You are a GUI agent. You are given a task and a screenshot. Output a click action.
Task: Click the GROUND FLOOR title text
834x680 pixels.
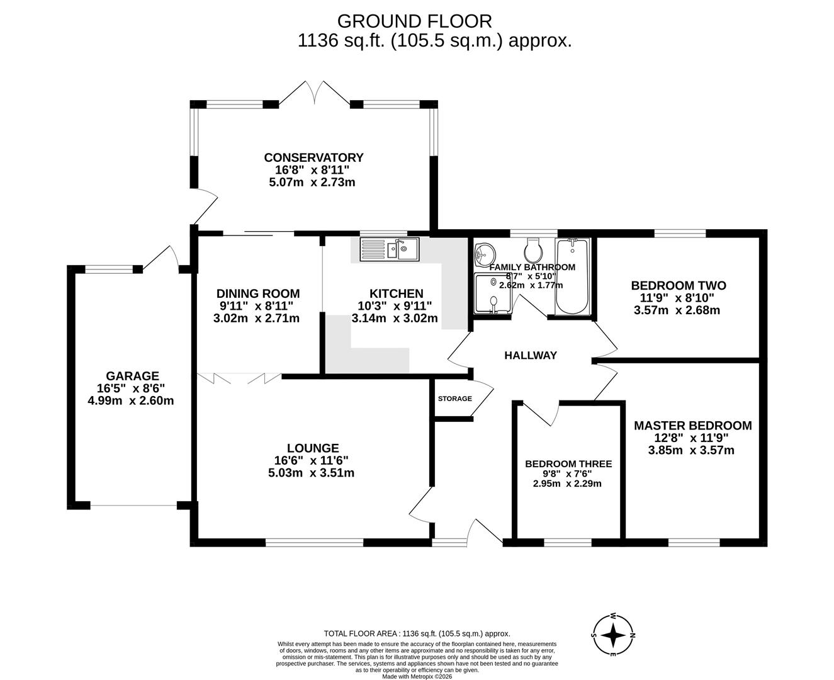414,21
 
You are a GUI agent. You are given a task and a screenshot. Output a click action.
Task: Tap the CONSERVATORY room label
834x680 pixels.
313,157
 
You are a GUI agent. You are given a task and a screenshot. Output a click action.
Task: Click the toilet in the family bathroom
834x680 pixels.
533,251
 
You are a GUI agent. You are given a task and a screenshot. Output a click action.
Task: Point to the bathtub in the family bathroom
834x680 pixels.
572,277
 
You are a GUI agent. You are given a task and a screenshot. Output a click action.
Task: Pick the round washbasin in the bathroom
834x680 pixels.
485,254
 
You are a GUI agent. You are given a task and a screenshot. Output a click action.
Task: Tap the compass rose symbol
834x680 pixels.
612,635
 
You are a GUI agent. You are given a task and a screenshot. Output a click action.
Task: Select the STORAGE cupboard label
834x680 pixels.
455,399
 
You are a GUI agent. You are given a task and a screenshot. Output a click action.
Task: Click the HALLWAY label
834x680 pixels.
531,356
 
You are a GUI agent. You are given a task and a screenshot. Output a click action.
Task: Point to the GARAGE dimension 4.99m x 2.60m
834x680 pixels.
131,400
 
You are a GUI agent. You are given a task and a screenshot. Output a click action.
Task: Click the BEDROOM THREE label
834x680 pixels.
568,464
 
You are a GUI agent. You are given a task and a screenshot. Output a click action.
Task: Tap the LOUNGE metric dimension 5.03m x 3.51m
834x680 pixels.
311,473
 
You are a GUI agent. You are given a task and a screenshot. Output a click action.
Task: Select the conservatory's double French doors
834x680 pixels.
315,93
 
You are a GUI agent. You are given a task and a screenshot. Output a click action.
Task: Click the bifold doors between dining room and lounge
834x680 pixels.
239,378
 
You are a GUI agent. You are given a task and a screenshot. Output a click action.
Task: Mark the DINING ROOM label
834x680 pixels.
258,293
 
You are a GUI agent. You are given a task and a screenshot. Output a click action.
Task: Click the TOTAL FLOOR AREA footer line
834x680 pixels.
417,634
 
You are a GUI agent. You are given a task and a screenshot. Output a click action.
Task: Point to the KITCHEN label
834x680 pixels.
396,293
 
